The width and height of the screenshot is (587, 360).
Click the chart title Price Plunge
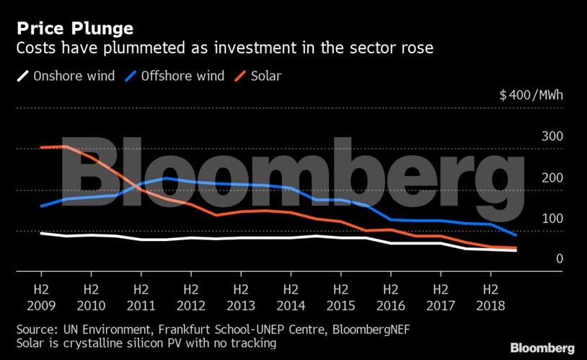(75, 29)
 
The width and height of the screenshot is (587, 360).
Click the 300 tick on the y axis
(552, 136)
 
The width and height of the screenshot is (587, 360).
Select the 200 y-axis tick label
(552, 177)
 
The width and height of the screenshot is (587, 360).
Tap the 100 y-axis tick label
(552, 219)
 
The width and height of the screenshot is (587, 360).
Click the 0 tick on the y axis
(558, 259)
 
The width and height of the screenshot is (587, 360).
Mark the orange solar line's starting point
(41, 148)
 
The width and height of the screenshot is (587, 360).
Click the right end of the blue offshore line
(515, 235)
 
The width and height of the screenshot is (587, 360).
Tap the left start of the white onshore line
(41, 233)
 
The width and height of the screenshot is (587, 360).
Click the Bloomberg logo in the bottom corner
(543, 347)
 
